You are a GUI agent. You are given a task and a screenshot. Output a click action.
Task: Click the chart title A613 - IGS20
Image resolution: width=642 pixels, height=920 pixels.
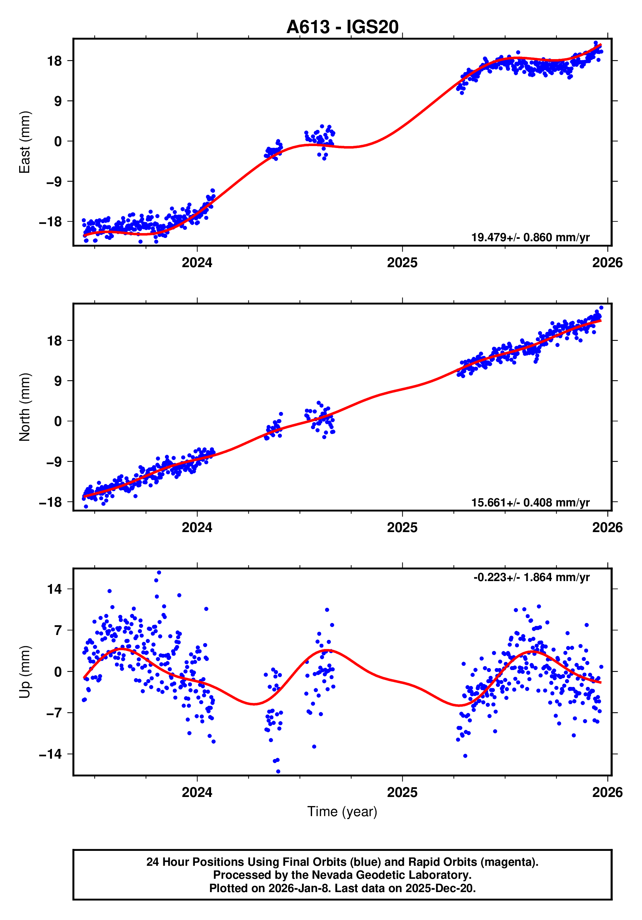(342, 27)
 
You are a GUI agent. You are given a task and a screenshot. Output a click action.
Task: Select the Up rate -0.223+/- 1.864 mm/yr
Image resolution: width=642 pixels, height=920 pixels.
(531, 578)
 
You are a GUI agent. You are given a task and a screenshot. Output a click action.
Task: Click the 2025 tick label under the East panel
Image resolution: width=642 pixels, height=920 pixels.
(402, 263)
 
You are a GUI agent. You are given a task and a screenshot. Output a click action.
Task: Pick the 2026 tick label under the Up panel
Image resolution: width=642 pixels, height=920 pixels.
(607, 792)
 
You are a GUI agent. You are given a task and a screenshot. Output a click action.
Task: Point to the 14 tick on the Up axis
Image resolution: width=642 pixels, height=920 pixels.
(55, 589)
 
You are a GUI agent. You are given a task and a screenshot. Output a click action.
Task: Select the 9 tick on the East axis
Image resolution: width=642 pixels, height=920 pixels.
(58, 101)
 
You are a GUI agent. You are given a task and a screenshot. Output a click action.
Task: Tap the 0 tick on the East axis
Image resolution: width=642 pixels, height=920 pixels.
(58, 141)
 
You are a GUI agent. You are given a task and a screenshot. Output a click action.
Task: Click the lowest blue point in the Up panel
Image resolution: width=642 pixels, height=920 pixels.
(278, 771)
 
